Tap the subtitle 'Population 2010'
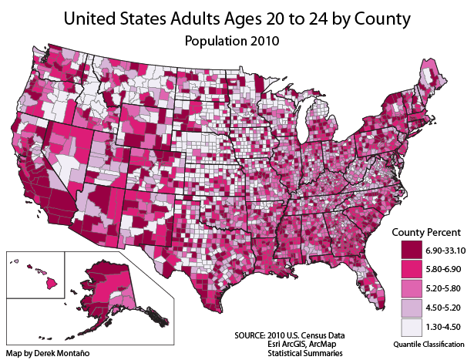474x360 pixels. click(237, 39)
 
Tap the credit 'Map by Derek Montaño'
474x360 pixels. click(47, 352)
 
